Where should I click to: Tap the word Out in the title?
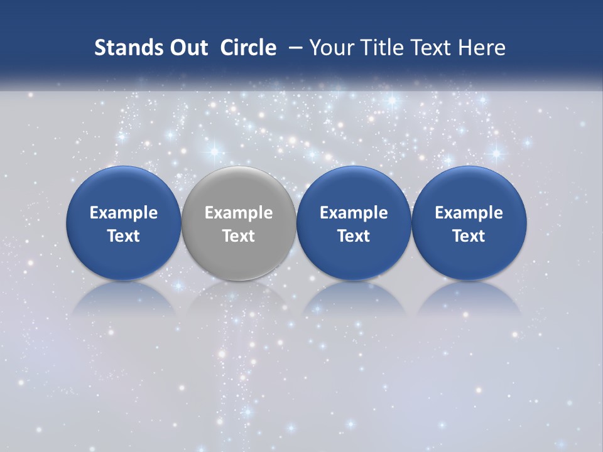pos(187,48)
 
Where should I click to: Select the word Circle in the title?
pos(248,48)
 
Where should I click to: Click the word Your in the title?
pos(330,48)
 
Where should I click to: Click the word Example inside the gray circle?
pos(239,213)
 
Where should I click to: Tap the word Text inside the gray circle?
pos(239,236)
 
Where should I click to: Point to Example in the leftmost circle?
pos(123,213)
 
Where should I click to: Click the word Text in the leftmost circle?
pos(123,236)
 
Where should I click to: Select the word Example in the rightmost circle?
pos(469,213)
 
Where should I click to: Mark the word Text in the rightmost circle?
pos(469,236)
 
